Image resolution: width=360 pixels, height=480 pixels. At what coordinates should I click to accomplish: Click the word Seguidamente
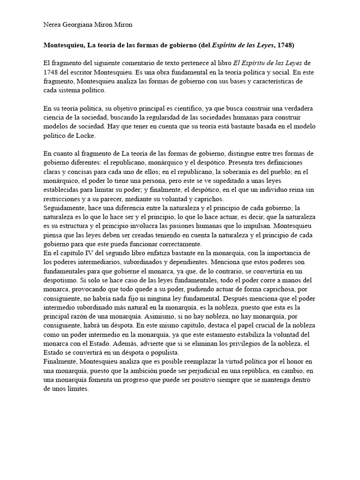coord(65,208)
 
